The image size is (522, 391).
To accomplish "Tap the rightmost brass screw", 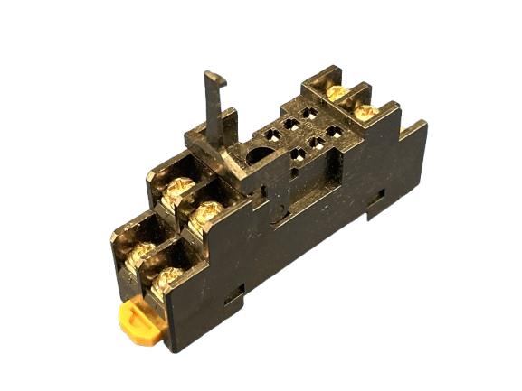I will [x=367, y=112].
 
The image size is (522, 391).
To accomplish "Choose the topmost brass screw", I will [x=337, y=91].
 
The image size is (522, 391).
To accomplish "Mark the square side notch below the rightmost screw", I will [x=377, y=195].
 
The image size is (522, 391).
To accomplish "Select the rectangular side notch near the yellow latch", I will [x=237, y=293].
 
